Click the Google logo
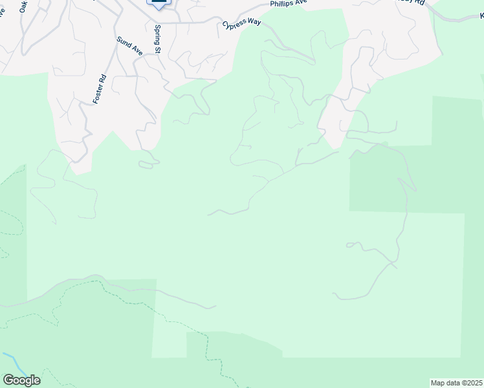21,380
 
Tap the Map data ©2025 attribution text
456,383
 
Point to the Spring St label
157,38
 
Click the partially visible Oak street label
23,6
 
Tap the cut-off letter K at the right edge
481,14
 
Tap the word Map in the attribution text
438,383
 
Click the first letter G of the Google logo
8,380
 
